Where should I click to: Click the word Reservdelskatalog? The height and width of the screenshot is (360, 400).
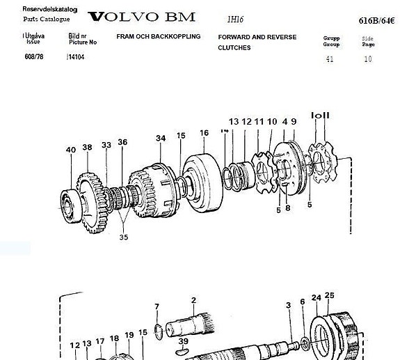49,10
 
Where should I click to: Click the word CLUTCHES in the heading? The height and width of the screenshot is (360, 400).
234,48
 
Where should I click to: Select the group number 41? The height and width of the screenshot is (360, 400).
330,59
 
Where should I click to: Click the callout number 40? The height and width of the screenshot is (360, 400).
70,149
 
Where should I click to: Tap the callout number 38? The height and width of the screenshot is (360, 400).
87,147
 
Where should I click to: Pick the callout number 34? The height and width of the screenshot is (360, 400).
161,138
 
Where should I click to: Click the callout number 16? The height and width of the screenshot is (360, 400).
204,133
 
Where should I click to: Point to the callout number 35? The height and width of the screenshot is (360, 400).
124,237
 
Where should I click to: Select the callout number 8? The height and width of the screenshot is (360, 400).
287,207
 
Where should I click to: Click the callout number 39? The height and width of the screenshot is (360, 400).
183,341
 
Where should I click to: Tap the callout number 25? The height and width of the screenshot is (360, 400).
329,296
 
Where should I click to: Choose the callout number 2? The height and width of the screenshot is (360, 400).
193,300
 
